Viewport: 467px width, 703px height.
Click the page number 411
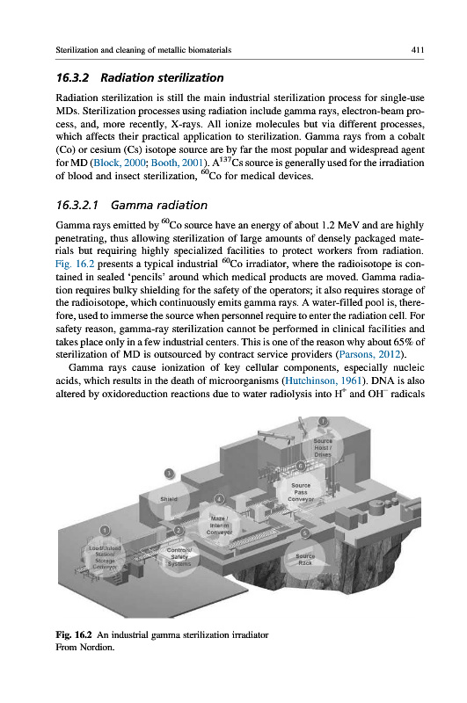(x=417, y=50)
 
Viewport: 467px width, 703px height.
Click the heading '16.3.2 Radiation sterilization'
(x=140, y=77)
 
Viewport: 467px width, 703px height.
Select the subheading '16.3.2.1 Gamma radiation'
(x=131, y=205)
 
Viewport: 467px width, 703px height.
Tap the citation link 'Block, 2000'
(x=120, y=163)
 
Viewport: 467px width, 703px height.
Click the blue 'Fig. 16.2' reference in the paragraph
(x=75, y=264)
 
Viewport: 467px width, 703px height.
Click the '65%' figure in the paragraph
(x=404, y=342)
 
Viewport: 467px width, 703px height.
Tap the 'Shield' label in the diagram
(x=169, y=498)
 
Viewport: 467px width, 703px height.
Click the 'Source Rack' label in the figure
(x=305, y=559)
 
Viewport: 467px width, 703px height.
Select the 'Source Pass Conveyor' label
(x=301, y=492)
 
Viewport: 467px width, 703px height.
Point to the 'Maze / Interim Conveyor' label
(x=219, y=525)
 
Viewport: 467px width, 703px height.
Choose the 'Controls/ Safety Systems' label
(x=179, y=556)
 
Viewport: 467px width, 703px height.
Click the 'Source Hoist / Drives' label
(x=323, y=447)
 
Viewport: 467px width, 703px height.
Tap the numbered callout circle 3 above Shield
(x=169, y=473)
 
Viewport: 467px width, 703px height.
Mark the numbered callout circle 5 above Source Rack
(x=305, y=533)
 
